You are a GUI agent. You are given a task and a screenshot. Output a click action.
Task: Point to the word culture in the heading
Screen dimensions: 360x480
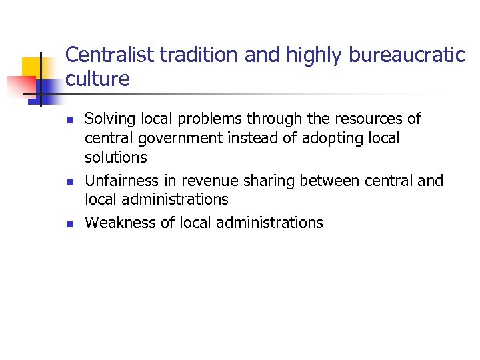tap(98, 79)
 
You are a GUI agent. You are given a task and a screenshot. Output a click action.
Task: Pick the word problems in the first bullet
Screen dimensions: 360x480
tap(209, 119)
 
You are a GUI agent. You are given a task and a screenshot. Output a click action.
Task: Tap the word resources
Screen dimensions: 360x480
tap(361, 119)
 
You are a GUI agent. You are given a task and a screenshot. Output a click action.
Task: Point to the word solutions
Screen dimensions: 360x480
tap(116, 158)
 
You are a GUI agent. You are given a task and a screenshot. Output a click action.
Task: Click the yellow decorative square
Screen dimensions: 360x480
tap(33, 67)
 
